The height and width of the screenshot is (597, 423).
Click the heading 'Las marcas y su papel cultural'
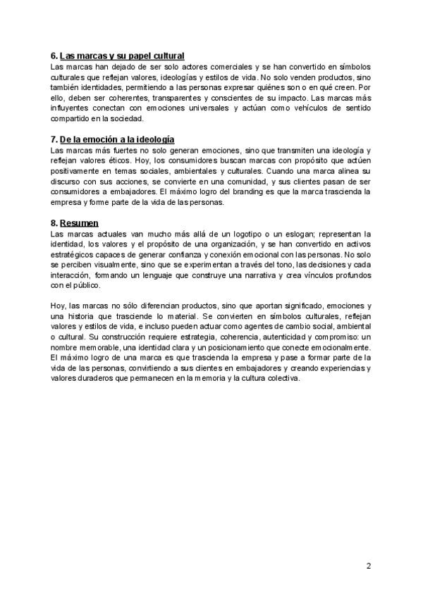(x=122, y=55)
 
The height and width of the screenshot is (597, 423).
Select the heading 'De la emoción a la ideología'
(x=117, y=139)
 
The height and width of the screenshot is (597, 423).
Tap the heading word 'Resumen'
(x=79, y=223)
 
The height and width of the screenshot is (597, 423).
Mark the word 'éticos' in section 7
(x=118, y=161)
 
